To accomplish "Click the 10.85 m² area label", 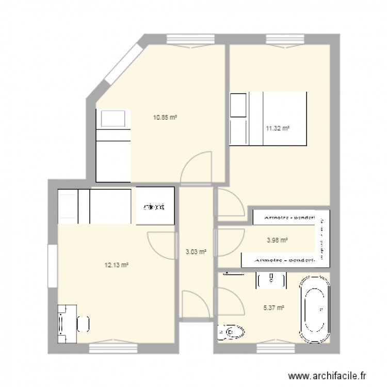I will pos(165,118).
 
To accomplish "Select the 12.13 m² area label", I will pos(116,266).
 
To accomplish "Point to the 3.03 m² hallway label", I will pos(196,252).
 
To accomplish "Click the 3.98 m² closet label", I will pos(277,239).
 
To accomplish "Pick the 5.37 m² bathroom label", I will pos(274,309).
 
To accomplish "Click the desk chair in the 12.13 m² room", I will pos(84,324).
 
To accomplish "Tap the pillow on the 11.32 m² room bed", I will pos(239,106).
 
